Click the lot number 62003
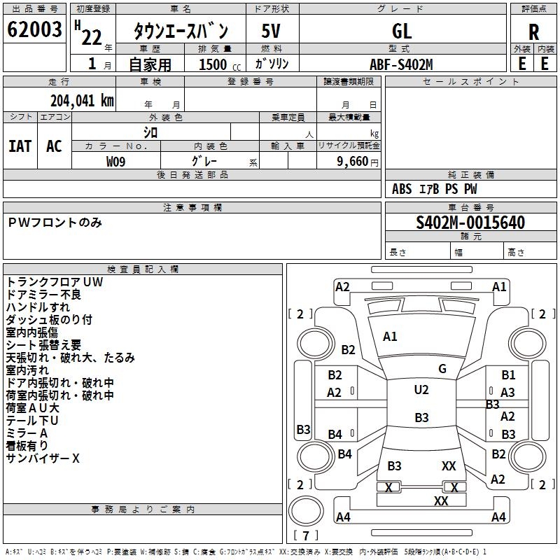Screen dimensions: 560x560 pos(34,30)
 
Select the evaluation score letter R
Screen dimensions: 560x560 pos(533,32)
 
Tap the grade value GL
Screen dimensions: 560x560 pos(402,31)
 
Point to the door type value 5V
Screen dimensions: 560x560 pos(272,31)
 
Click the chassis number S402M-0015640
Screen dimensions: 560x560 pos(470,223)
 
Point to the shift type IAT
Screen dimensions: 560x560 pos(20,146)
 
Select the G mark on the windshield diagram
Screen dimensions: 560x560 pos(442,369)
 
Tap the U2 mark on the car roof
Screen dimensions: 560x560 pos(421,390)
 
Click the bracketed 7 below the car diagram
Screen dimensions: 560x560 pos(305,536)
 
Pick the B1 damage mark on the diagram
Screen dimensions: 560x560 pos(508,375)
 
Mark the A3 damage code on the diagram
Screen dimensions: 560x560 pos(508,393)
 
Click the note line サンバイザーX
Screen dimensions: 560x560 pos(43,458)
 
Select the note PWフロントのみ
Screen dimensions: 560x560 pos(55,223)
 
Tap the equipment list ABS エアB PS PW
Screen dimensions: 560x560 pos(435,189)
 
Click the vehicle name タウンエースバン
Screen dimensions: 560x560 pos(181,31)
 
